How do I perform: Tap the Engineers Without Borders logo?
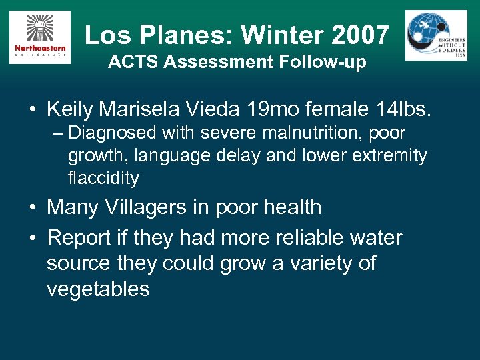click(x=436, y=35)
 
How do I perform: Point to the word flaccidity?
click(x=103, y=178)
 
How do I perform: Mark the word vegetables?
click(x=98, y=289)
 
